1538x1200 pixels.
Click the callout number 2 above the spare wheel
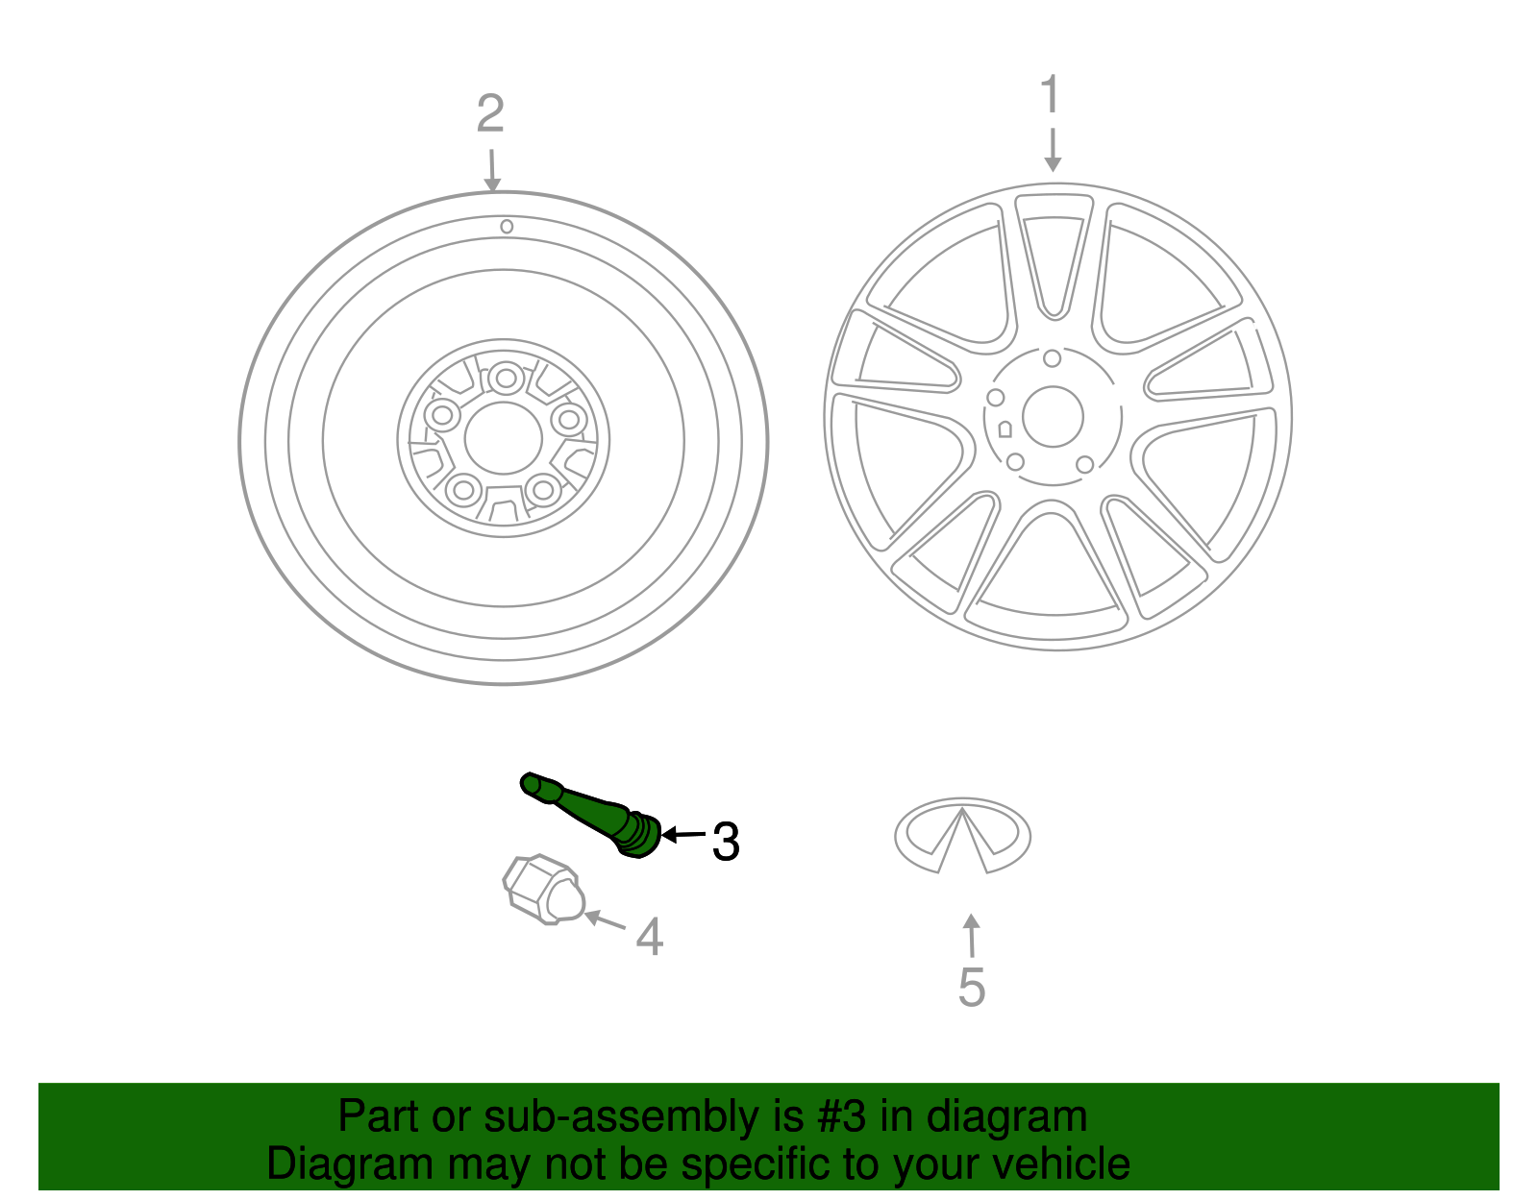pyautogui.click(x=490, y=114)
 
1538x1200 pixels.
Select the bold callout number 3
pyautogui.click(x=726, y=843)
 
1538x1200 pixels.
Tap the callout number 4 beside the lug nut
pyautogui.click(x=650, y=937)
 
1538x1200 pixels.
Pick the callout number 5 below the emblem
pyautogui.click(x=972, y=988)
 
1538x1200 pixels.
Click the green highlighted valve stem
pyautogui.click(x=591, y=813)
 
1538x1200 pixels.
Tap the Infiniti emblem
pyautogui.click(x=962, y=835)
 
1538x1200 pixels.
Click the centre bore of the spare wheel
pyautogui.click(x=503, y=438)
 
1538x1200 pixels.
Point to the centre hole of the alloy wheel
pyautogui.click(x=1053, y=417)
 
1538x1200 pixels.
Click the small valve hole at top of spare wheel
pyautogui.click(x=507, y=227)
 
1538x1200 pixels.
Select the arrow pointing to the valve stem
pyautogui.click(x=683, y=835)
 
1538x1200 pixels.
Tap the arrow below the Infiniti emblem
pyautogui.click(x=972, y=936)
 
